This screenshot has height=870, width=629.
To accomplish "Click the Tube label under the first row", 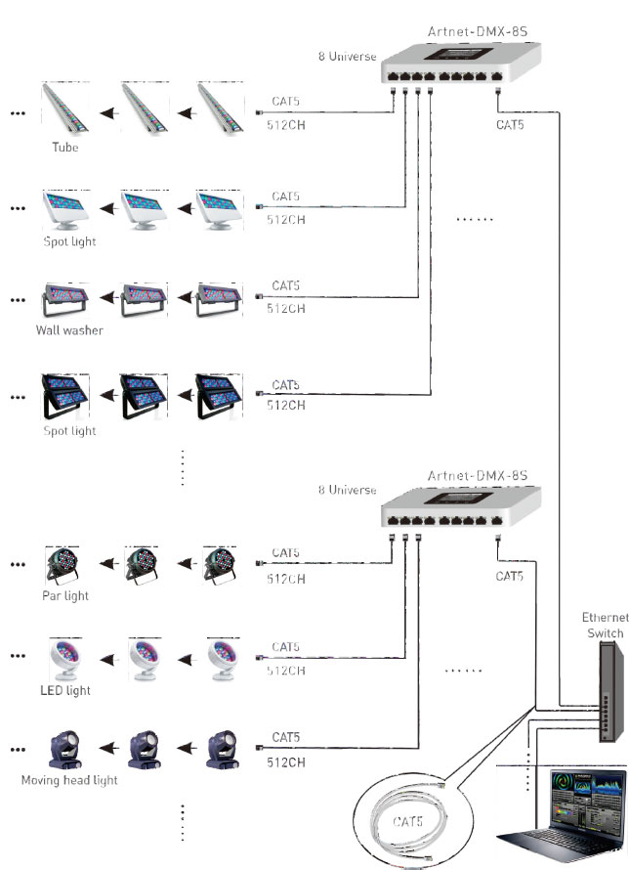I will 65,149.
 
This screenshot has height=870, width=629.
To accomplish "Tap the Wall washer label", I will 69,330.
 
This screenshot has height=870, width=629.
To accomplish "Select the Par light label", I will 65,595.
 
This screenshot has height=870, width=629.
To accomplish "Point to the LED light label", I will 65,690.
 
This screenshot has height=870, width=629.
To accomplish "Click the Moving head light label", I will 69,780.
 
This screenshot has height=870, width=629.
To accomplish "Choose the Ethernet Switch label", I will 605,626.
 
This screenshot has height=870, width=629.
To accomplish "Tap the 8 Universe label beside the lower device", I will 347,490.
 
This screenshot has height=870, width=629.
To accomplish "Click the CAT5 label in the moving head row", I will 286,736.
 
